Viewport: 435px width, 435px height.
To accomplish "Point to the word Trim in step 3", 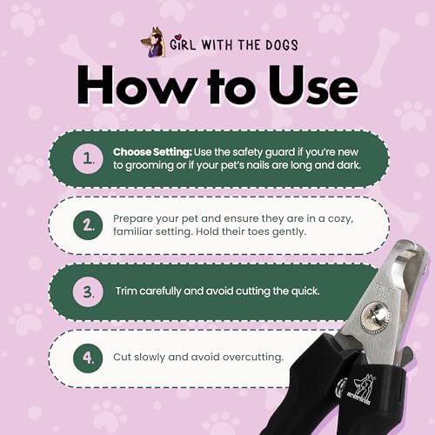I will [130, 290].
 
